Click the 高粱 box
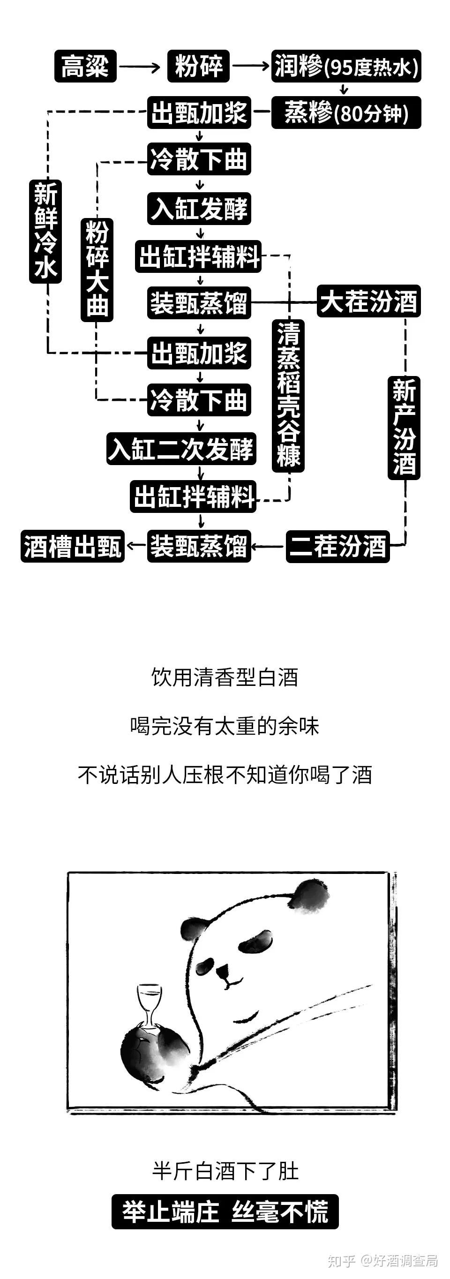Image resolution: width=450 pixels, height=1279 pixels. (x=85, y=66)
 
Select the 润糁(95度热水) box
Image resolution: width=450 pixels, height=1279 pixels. (x=346, y=66)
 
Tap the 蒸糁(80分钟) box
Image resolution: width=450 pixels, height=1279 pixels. (x=346, y=113)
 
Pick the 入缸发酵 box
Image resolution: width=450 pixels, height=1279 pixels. (x=199, y=209)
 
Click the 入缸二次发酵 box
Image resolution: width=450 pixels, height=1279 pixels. (x=181, y=449)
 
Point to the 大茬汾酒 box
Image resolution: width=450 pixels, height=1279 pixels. (x=368, y=301)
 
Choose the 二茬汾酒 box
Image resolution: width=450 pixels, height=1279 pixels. (x=338, y=546)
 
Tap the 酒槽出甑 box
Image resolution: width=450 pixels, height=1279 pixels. (x=73, y=546)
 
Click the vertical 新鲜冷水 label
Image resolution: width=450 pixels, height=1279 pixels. (x=45, y=231)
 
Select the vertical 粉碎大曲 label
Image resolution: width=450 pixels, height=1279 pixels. (x=97, y=270)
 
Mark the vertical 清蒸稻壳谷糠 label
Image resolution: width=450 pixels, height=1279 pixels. (x=288, y=395)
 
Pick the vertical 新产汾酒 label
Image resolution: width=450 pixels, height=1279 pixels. (x=404, y=428)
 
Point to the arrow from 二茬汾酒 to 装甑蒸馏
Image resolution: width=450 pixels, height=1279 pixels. (x=269, y=547)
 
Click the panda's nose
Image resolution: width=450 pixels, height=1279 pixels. (x=222, y=969)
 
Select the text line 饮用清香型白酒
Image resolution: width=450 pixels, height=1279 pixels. (x=225, y=677)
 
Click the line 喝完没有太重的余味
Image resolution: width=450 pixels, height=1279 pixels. (x=225, y=726)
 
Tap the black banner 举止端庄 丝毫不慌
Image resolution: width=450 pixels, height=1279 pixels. (x=225, y=1211)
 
